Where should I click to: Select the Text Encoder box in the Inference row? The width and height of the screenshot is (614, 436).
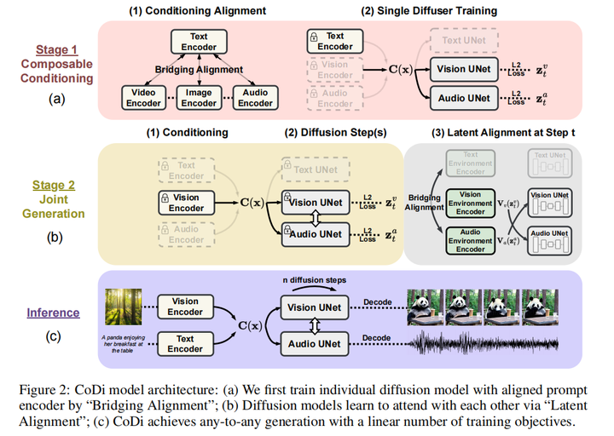[184, 345]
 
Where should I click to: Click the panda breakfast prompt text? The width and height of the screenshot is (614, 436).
[121, 344]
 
